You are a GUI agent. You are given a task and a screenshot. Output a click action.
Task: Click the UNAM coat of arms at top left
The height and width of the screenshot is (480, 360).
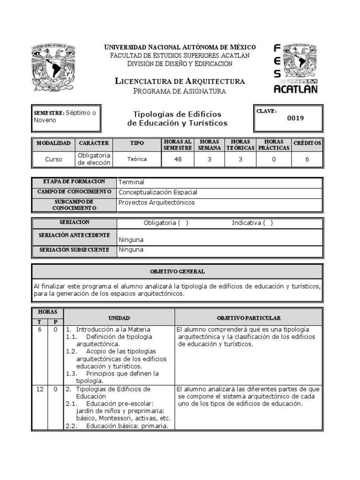tap(54, 68)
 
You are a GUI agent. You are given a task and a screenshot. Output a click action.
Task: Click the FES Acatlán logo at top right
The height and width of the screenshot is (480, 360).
tap(295, 68)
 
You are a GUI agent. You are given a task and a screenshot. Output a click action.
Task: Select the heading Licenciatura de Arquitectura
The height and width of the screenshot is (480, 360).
tap(180, 81)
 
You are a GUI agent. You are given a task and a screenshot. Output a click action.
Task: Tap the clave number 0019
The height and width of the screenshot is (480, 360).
tap(295, 118)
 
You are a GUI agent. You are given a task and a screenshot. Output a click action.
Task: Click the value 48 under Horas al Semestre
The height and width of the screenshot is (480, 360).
tap(178, 159)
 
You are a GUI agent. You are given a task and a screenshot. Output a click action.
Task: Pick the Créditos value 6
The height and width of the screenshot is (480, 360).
tap(307, 159)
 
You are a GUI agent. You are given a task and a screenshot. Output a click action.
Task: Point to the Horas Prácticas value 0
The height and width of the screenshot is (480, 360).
tap(274, 159)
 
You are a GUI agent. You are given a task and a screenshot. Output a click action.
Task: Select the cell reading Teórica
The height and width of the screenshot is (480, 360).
tap(137, 159)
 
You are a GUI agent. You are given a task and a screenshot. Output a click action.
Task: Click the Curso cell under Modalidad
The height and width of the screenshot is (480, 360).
tap(53, 159)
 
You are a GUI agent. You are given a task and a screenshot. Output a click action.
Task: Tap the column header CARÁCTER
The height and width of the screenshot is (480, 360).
tap(94, 143)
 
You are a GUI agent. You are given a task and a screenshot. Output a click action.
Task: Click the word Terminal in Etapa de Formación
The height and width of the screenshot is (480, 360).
tap(131, 182)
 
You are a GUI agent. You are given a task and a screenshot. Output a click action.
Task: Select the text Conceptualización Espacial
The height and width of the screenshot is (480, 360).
tap(158, 192)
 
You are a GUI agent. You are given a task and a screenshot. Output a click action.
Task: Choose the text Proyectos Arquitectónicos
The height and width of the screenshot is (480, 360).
tap(157, 202)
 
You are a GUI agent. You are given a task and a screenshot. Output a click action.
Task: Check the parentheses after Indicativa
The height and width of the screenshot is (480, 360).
tap(268, 223)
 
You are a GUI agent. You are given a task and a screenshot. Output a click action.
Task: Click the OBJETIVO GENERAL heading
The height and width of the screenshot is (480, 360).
tap(177, 271)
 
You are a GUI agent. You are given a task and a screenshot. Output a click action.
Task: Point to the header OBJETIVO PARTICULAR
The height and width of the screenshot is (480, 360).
tap(248, 318)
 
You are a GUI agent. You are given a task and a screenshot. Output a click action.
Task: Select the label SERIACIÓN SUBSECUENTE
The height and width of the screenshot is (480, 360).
tap(74, 250)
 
